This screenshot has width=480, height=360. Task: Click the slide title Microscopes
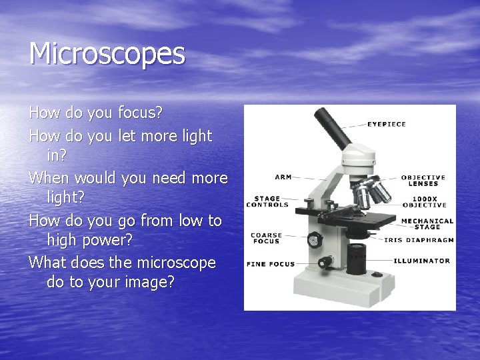click(x=107, y=54)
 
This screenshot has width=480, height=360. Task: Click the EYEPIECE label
click(x=387, y=124)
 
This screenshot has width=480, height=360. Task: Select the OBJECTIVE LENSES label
click(x=423, y=181)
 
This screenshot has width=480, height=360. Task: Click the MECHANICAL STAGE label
click(x=427, y=224)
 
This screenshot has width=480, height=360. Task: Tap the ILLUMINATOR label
click(x=421, y=261)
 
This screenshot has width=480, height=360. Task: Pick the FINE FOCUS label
click(x=270, y=264)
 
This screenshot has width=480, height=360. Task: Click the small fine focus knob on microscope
click(x=326, y=262)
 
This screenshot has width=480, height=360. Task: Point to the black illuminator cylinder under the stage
click(x=357, y=255)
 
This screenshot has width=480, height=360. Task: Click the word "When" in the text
click(x=51, y=178)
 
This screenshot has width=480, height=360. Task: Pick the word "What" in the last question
click(x=49, y=263)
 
